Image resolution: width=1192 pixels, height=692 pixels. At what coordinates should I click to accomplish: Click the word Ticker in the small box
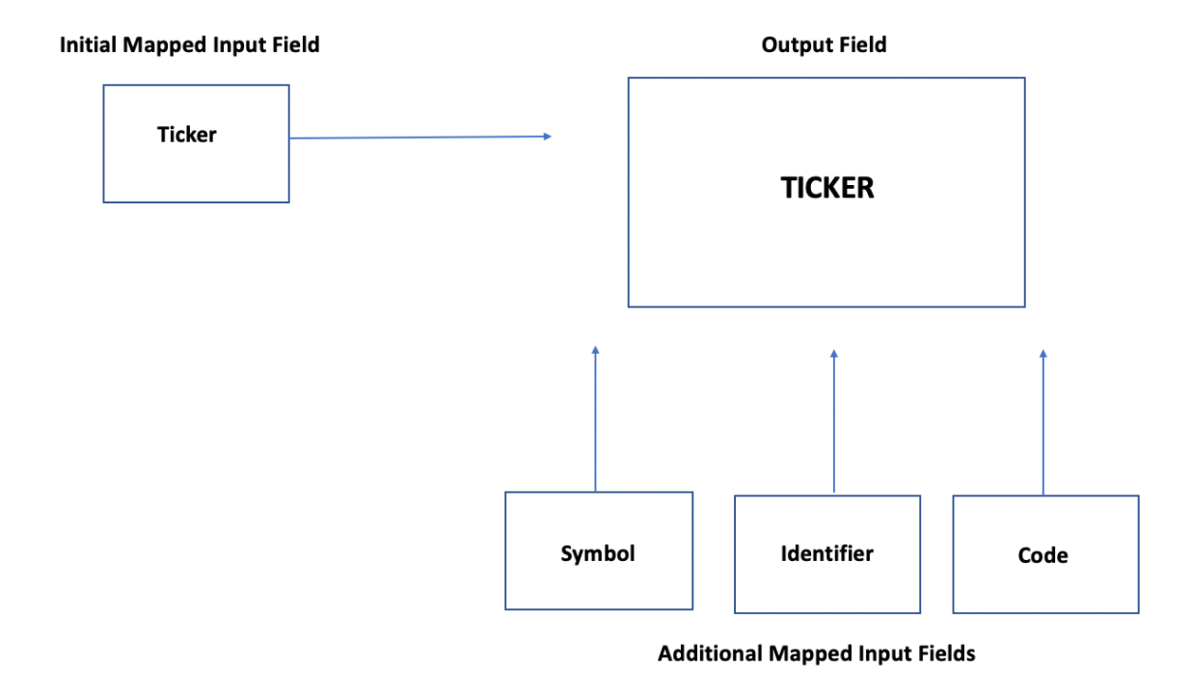[187, 135]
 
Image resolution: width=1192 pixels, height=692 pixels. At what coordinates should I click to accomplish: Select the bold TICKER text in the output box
[827, 188]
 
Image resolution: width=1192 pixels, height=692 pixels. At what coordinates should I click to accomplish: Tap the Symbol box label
[598, 553]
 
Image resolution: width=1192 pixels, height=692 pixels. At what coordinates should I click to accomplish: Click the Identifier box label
[826, 553]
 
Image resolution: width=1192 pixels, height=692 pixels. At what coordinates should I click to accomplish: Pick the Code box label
[1043, 555]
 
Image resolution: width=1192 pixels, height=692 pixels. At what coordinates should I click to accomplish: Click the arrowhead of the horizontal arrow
[547, 137]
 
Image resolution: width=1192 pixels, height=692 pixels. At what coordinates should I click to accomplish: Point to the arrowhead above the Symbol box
[595, 351]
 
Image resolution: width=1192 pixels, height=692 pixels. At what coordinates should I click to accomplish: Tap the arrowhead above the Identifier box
[833, 354]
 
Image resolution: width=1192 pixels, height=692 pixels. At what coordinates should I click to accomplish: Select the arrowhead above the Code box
[1043, 354]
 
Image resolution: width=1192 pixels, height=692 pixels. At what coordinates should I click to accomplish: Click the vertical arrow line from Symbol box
[595, 424]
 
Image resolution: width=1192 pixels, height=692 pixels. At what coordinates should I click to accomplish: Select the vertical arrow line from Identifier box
[833, 424]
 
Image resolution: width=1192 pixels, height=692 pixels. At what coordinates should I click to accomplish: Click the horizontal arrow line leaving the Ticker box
[415, 138]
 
